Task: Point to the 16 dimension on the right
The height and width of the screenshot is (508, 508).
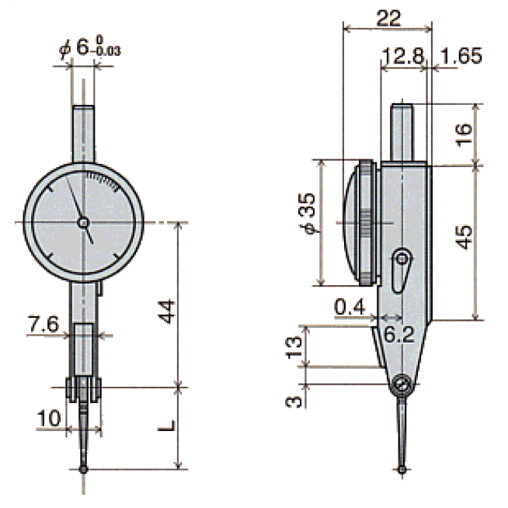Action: pyautogui.click(x=463, y=134)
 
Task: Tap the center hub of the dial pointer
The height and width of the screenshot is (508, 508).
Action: pyautogui.click(x=83, y=223)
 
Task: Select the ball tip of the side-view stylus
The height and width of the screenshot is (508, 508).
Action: pyautogui.click(x=403, y=468)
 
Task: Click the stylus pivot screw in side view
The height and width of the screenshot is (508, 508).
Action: pyautogui.click(x=402, y=384)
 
